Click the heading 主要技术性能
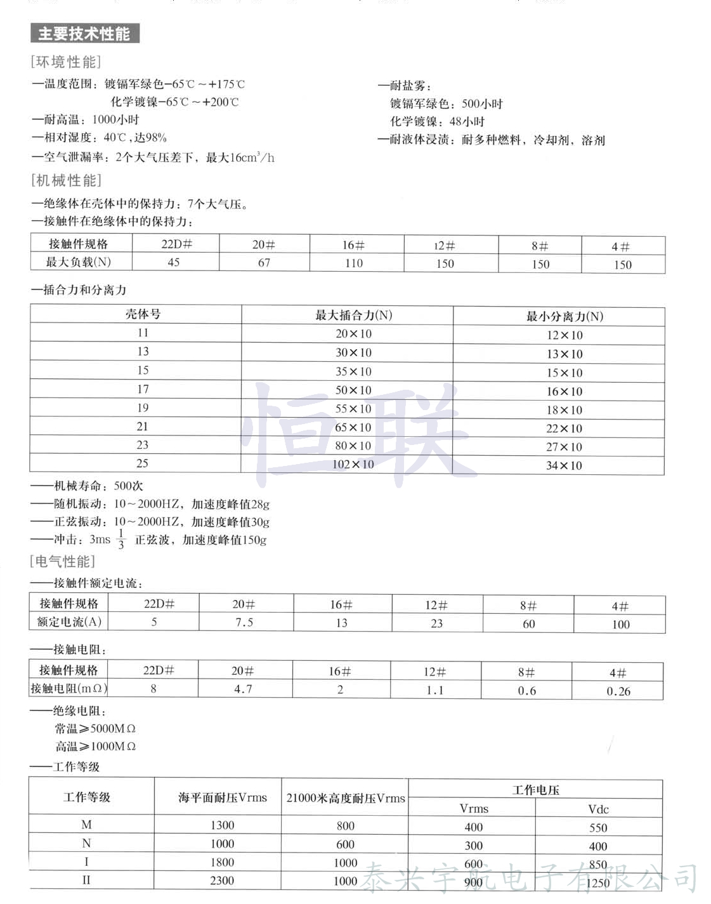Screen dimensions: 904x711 [x=84, y=34]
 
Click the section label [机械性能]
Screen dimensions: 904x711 [x=66, y=181]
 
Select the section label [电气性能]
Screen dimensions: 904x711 [x=62, y=562]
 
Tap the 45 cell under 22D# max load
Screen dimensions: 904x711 [x=174, y=262]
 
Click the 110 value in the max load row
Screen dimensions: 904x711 [x=354, y=263]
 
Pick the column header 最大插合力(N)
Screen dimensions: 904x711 [x=353, y=315]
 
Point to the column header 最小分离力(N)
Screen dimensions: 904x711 [x=564, y=316]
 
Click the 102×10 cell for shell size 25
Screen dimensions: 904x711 [x=353, y=464]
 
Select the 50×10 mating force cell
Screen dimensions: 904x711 [x=353, y=390]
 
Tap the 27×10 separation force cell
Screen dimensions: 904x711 [x=564, y=447]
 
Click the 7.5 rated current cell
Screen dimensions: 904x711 [x=244, y=623]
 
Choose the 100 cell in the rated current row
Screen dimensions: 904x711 [x=621, y=625]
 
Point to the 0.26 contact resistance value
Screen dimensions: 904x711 [x=618, y=691]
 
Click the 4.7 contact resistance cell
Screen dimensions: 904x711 [x=243, y=689]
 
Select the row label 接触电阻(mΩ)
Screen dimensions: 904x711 [x=69, y=688]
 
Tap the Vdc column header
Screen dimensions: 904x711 [x=598, y=809]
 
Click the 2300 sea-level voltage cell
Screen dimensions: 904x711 [x=222, y=881]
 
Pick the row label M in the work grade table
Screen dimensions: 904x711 [x=87, y=825]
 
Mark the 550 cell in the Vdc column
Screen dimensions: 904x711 [x=598, y=828]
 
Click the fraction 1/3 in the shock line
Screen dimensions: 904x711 [x=121, y=540]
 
